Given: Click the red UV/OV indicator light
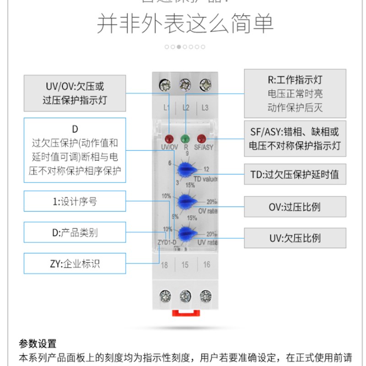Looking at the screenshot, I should [x=169, y=139].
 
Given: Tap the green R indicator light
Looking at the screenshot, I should [x=185, y=139].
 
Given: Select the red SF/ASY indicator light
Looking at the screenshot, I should [x=201, y=139].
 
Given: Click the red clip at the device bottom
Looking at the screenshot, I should [x=185, y=313].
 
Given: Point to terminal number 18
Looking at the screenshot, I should [x=165, y=265].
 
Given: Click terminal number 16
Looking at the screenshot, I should [x=206, y=265].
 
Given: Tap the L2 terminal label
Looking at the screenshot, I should [x=186, y=108].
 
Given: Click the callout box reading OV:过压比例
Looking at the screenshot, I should [x=295, y=207].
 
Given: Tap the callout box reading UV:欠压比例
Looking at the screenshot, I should [x=295, y=238].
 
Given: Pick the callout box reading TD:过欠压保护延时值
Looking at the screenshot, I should [x=295, y=175].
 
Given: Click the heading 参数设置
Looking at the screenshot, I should [x=38, y=343].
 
